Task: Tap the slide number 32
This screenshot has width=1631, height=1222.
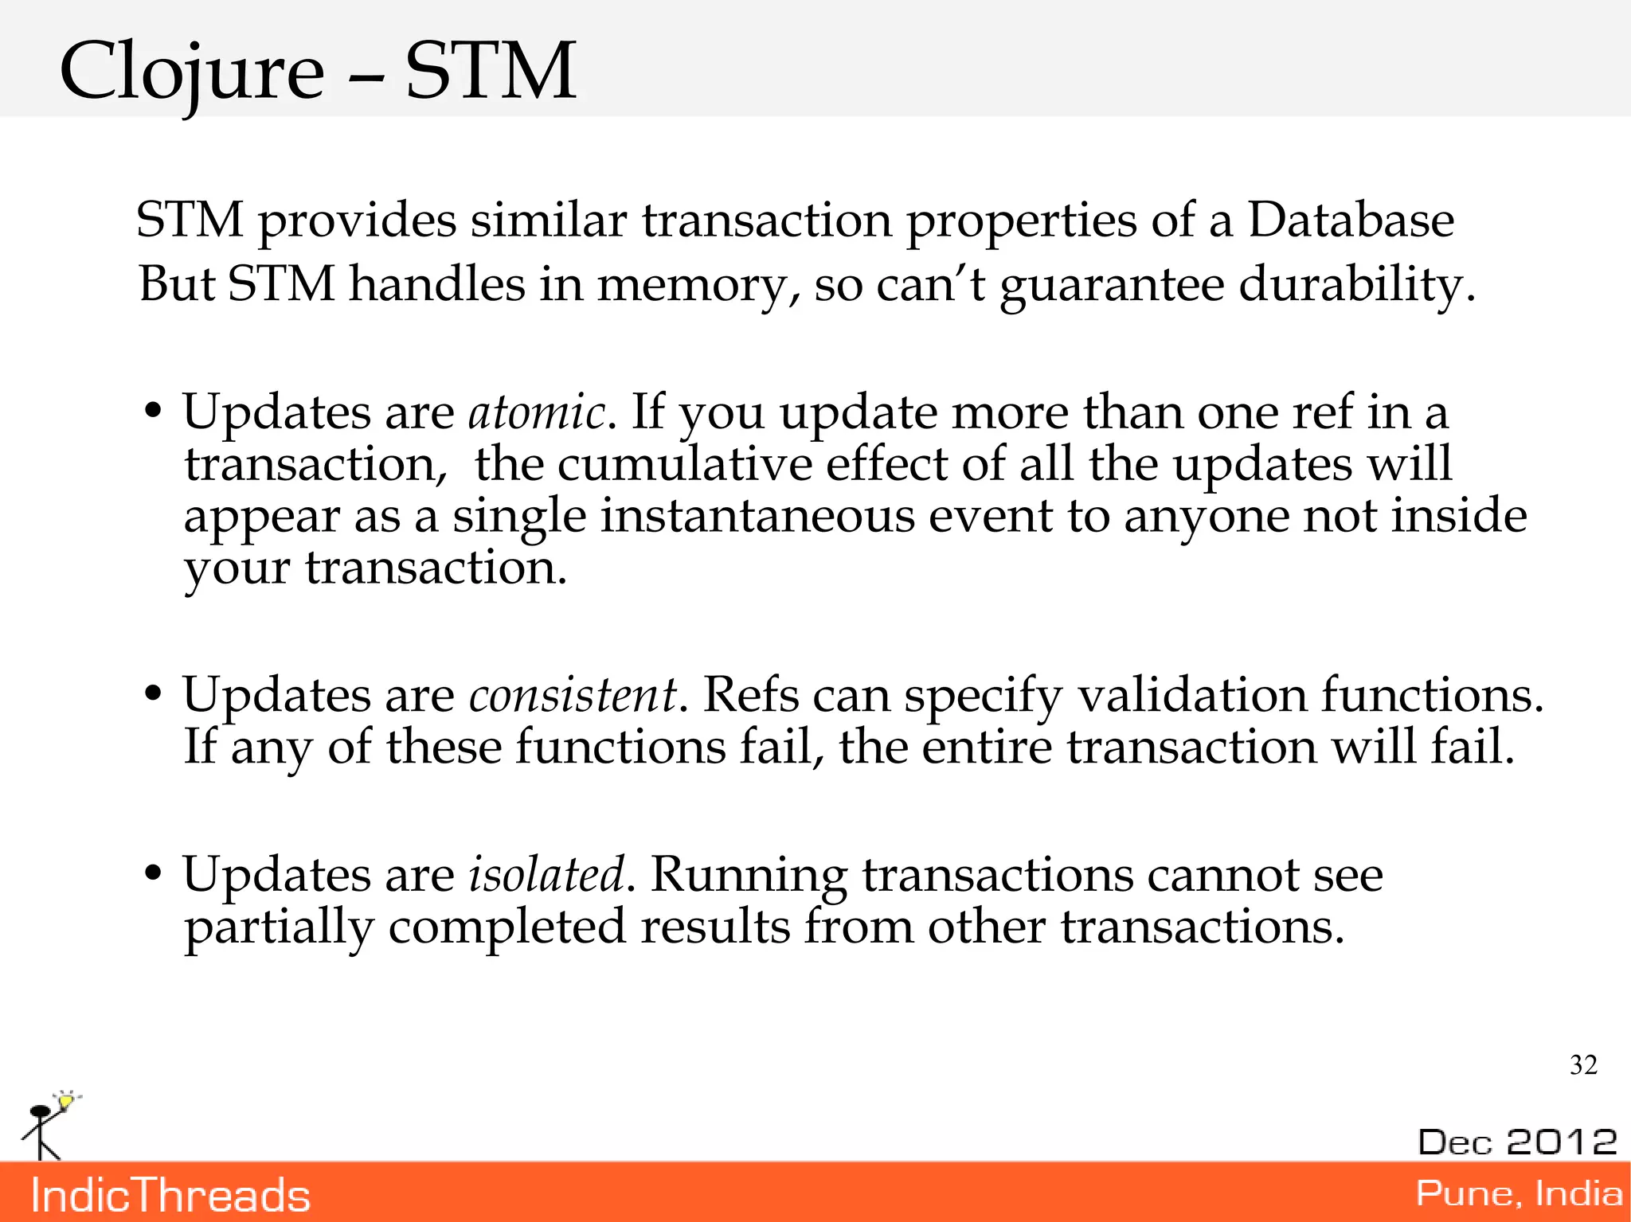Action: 1583,1065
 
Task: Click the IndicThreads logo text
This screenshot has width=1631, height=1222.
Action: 170,1195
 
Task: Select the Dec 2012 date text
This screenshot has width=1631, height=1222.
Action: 1517,1142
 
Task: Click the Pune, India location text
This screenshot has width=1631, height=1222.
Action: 1519,1193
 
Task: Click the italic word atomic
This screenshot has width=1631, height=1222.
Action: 536,412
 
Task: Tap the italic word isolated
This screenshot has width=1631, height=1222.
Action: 546,874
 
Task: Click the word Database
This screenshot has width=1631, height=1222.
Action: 1351,220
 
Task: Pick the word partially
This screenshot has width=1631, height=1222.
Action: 279,927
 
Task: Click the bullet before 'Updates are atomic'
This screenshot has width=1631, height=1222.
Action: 153,413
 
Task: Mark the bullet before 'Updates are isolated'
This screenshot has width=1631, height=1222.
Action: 153,875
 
